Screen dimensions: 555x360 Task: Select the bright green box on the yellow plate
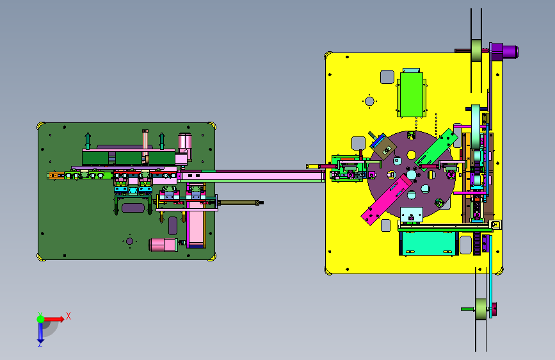[x=412, y=94]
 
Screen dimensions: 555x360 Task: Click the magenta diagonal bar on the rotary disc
[x=387, y=199]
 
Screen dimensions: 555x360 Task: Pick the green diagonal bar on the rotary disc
[x=437, y=149]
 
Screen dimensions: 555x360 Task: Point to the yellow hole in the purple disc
[x=412, y=155]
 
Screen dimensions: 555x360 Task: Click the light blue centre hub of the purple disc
[x=412, y=175]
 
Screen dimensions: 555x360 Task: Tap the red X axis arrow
[x=54, y=319]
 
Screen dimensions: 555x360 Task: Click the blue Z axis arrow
[x=41, y=332]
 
